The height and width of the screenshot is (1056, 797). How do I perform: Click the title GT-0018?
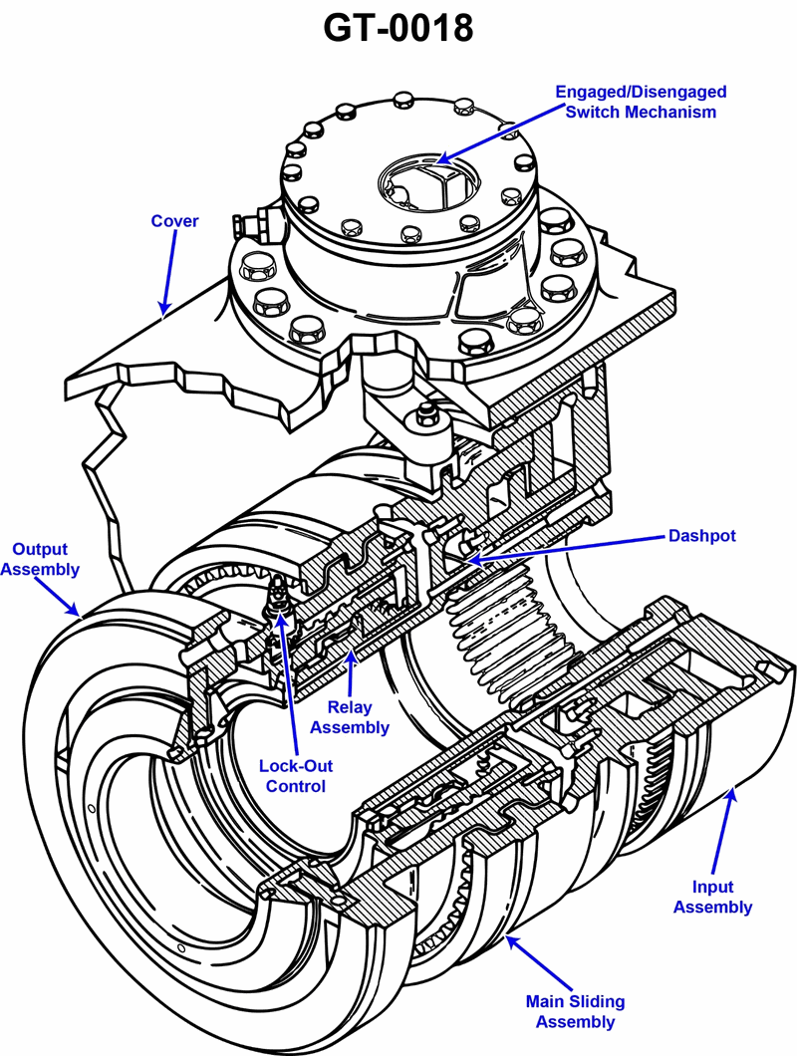pyautogui.click(x=398, y=28)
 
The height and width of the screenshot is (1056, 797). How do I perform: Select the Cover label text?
pyautogui.click(x=174, y=220)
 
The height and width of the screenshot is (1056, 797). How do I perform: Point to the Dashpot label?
pyautogui.click(x=701, y=536)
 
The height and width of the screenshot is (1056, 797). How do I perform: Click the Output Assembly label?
pyautogui.click(x=40, y=559)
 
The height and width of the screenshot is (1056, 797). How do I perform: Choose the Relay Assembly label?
pyautogui.click(x=350, y=717)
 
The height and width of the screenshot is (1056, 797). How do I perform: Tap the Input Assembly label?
pyautogui.click(x=712, y=897)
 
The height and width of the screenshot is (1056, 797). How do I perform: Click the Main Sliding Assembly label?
pyautogui.click(x=575, y=1011)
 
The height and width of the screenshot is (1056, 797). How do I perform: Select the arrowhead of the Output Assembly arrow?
pyautogui.click(x=83, y=616)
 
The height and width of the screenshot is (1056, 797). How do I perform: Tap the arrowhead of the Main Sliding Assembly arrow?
pyautogui.click(x=507, y=935)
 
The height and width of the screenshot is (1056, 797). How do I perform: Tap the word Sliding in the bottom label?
pyautogui.click(x=576, y=1001)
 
